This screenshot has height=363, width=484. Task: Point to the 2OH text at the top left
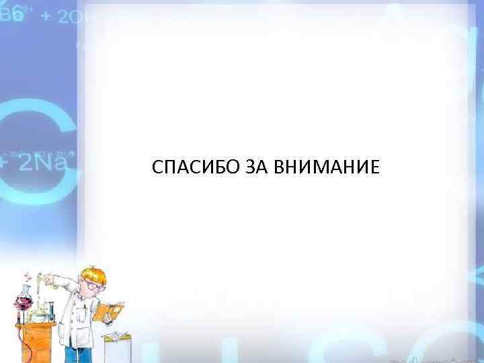[75, 17]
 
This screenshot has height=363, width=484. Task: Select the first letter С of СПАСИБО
[157, 167]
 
